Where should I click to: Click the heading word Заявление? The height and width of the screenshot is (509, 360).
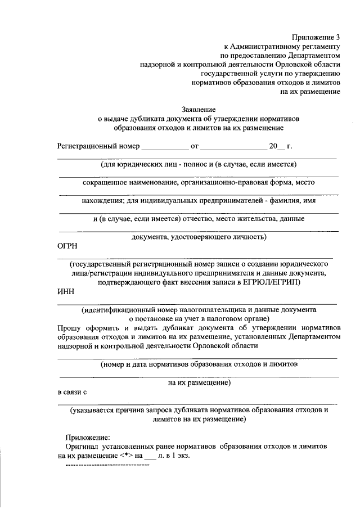tap(199, 109)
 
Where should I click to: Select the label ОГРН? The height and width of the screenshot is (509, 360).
tap(68, 246)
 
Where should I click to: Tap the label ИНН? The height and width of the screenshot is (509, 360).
tap(66, 291)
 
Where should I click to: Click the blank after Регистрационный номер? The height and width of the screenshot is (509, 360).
tap(165, 147)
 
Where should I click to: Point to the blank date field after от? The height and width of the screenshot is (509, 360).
tap(233, 147)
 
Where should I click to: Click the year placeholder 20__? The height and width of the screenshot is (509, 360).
tap(276, 146)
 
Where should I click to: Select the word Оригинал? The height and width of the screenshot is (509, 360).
tap(82, 446)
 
